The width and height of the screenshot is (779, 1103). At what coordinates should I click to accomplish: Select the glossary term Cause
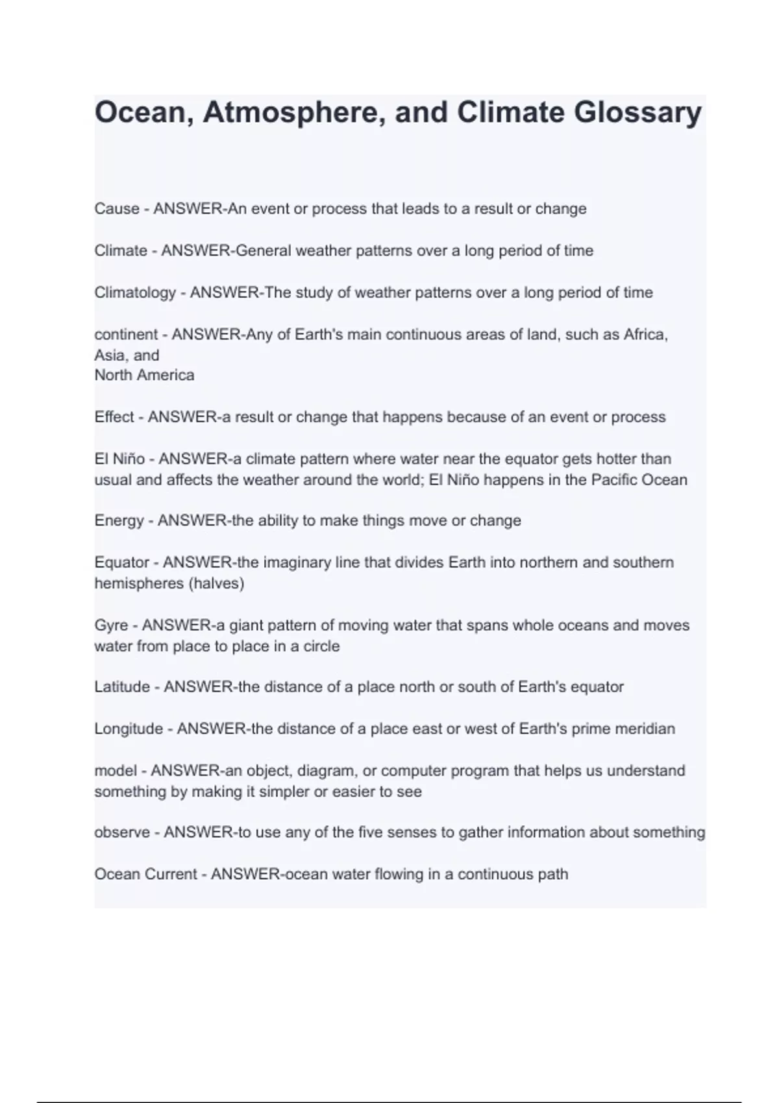[117, 209]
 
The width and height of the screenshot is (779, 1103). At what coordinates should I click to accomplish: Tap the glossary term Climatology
[135, 293]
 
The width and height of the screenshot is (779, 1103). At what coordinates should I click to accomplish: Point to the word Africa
[645, 335]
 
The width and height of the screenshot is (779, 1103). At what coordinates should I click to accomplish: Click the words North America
[144, 376]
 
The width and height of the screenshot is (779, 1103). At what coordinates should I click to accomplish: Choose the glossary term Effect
[114, 417]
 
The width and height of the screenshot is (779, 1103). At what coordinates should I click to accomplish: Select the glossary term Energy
[119, 521]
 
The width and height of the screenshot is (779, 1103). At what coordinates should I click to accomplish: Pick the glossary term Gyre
[111, 625]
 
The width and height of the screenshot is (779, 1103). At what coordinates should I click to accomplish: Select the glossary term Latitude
[122, 687]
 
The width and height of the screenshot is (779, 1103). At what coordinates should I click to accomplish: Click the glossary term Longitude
[129, 729]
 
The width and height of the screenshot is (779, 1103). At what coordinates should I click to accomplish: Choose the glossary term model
[116, 771]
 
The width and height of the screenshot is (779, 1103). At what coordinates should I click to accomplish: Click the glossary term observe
[122, 832]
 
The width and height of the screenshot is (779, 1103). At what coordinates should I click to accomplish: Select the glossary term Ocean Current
[145, 875]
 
